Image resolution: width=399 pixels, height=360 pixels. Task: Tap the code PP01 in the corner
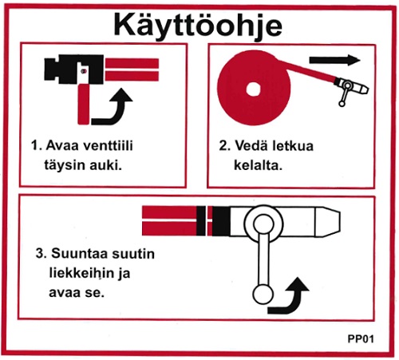[x=361, y=338]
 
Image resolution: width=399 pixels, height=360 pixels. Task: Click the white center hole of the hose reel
[x=258, y=85]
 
